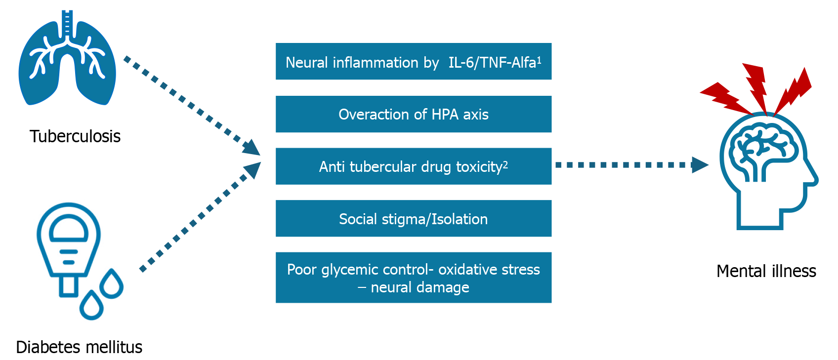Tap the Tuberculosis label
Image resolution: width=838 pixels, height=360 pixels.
point(75,136)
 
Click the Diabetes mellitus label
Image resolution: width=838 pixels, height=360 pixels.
point(79,347)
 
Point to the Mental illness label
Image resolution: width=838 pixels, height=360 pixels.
point(766,271)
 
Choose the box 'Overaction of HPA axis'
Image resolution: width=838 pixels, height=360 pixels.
point(413,114)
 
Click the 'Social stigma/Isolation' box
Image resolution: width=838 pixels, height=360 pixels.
point(413,218)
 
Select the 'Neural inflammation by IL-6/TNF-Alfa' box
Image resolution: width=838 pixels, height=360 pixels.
point(413,61)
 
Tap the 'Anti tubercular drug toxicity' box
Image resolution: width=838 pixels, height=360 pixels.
point(413,166)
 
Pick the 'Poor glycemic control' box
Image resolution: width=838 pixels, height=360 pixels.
point(413,278)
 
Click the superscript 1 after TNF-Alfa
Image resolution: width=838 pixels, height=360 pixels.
point(539,59)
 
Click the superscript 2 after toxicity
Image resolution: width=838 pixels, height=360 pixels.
point(505,164)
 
